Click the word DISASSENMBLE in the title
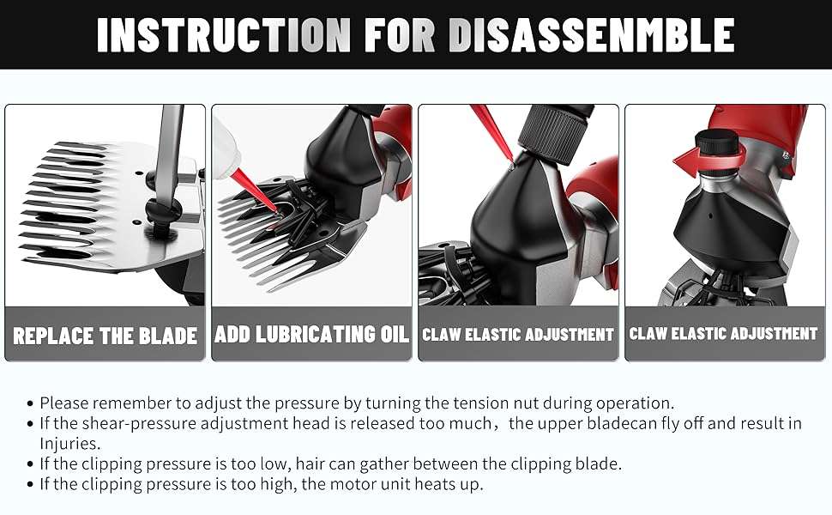coord(591,35)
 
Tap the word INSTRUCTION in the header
coord(224,35)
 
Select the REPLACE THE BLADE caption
coord(105,336)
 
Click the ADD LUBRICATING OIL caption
coord(311,335)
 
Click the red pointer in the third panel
coord(491,133)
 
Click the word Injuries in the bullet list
coord(69,443)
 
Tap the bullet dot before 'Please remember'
coord(30,403)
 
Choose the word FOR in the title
coord(400,35)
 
